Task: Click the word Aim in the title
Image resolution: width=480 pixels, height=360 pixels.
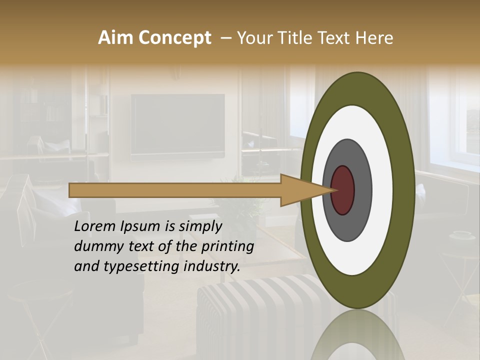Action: pyautogui.click(x=116, y=38)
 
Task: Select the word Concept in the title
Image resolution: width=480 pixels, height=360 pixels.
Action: pyautogui.click(x=175, y=38)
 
